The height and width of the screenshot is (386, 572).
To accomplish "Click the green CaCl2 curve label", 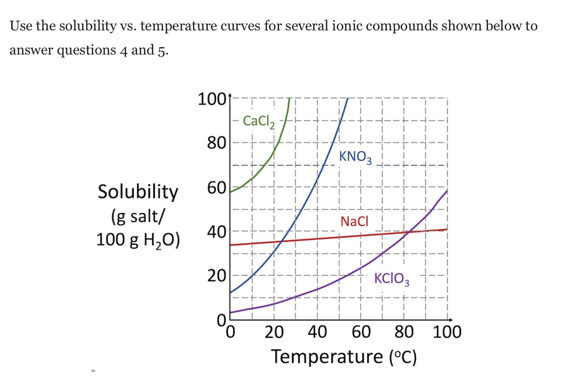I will click(259, 121).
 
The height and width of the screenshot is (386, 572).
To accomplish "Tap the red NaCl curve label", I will click(354, 221).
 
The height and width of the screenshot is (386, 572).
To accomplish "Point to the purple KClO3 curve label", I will click(392, 279).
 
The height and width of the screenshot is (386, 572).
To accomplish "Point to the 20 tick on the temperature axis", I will click(274, 333).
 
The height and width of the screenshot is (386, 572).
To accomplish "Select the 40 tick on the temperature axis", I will click(317, 333).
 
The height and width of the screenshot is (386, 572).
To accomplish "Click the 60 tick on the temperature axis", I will click(361, 333).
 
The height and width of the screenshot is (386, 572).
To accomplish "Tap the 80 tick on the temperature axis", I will click(404, 333).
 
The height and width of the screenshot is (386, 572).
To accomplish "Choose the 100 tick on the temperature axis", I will click(447, 333).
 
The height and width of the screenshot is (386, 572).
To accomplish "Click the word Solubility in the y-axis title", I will click(138, 192).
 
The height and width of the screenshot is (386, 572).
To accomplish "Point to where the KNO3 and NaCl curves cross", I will click(281, 241).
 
